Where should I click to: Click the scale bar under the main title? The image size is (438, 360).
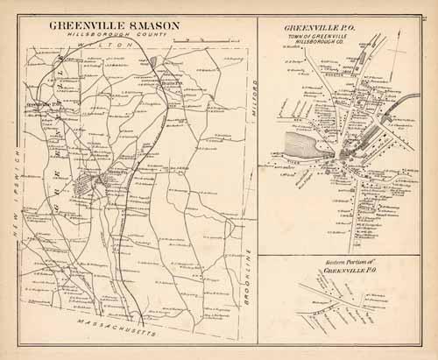(x=125, y=41)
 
